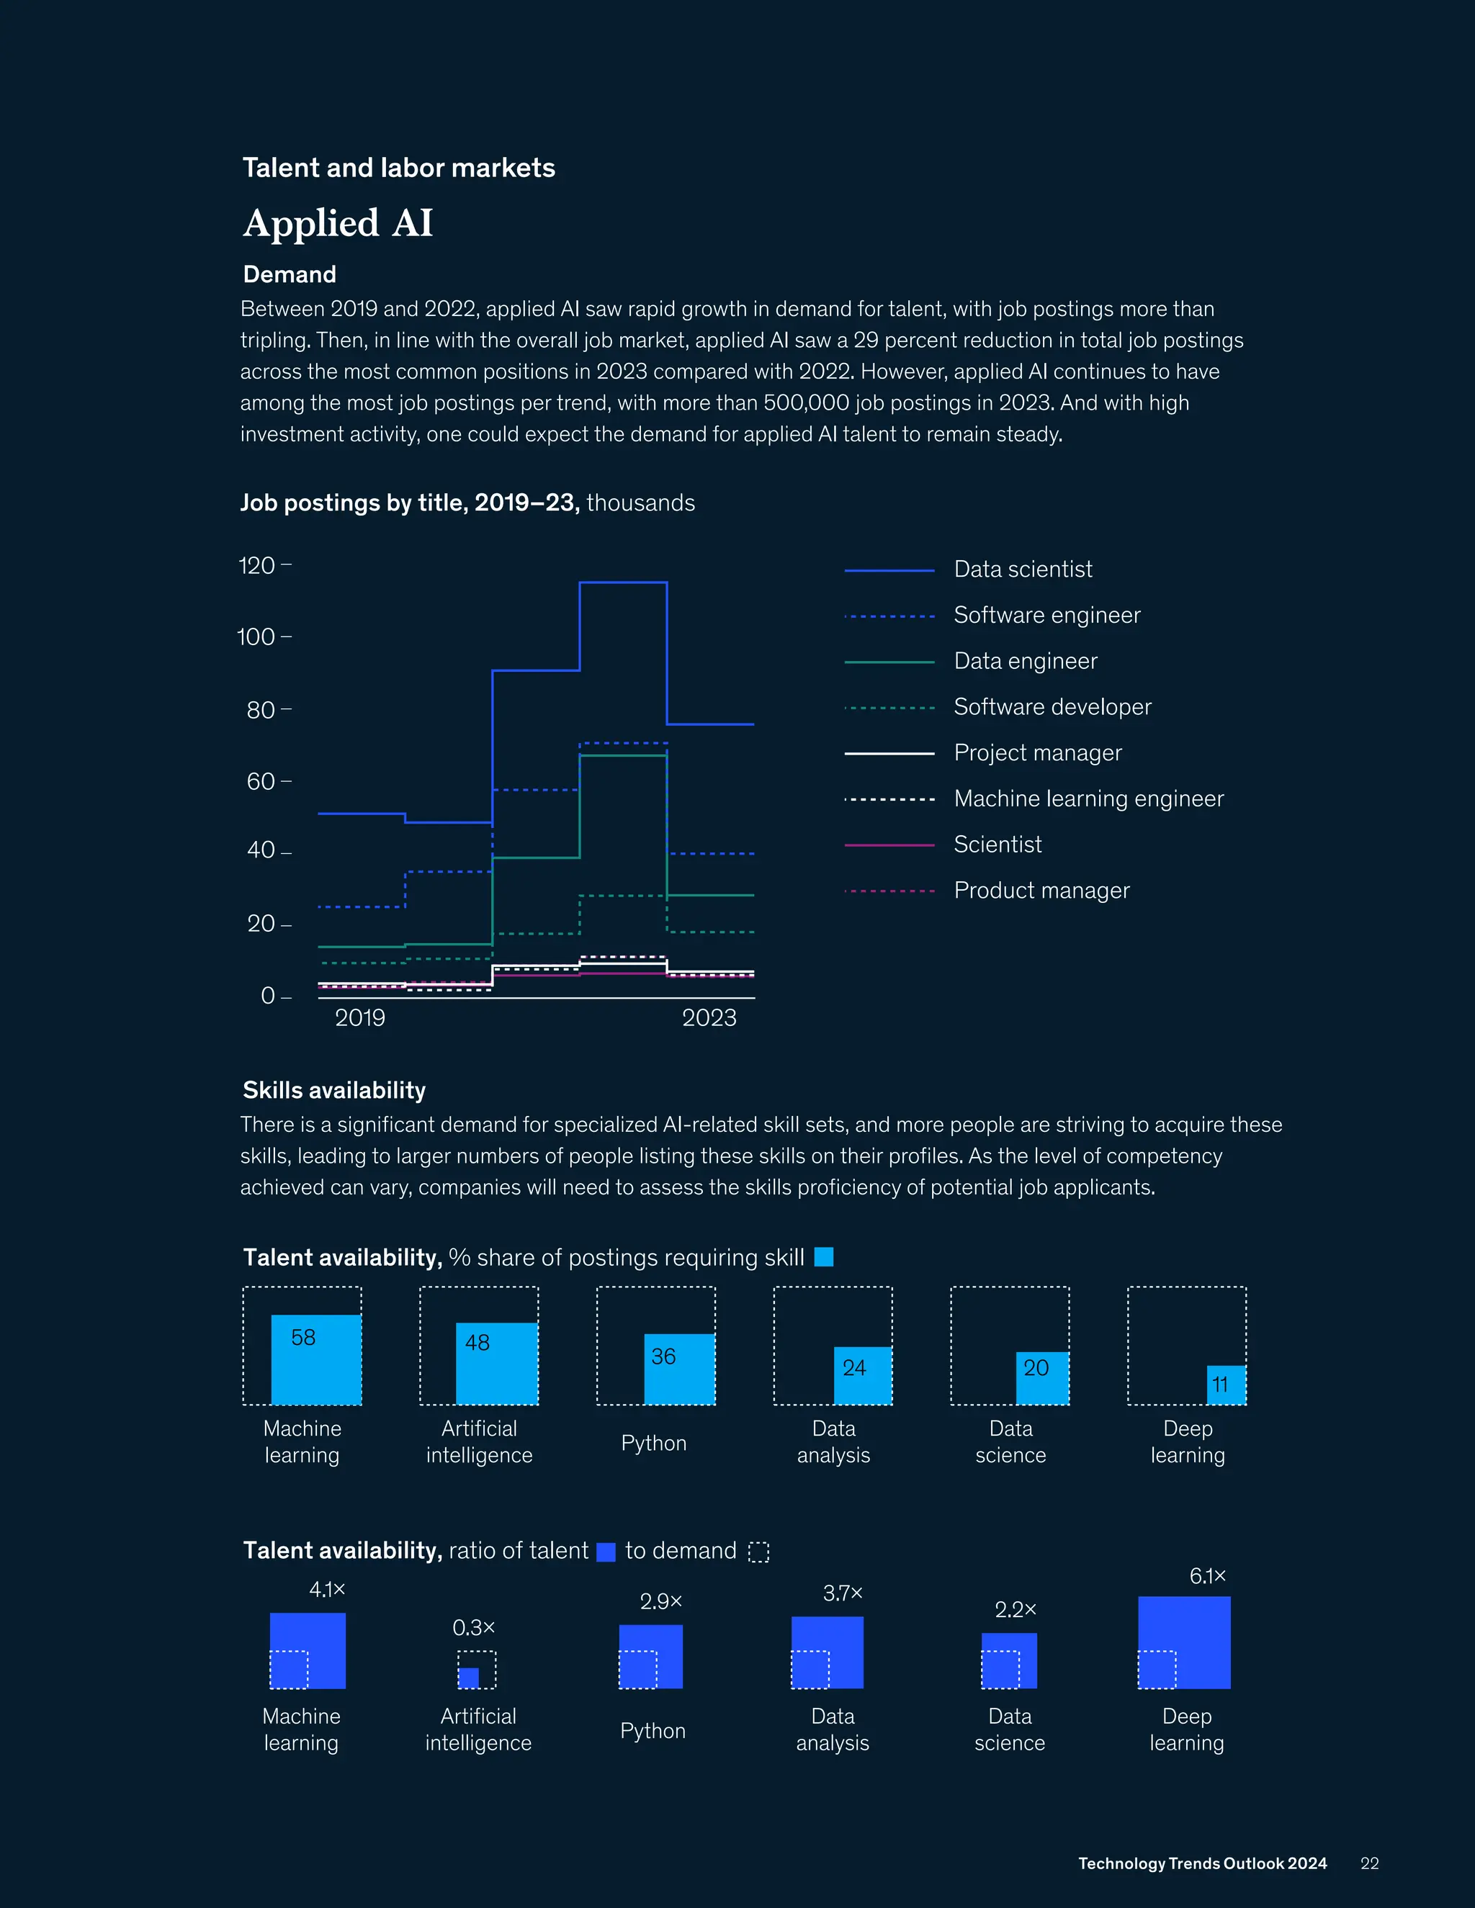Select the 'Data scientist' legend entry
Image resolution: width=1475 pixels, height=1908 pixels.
coord(1023,570)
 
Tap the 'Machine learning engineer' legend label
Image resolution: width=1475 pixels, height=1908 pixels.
coord(1088,798)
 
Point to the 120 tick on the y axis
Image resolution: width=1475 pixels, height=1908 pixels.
coord(257,565)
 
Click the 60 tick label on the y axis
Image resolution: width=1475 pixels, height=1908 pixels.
coord(261,781)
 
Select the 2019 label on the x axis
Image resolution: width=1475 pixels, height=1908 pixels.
coord(360,1018)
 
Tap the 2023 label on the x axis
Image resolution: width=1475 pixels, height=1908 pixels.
coord(709,1018)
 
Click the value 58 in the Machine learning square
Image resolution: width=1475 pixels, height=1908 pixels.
coord(303,1338)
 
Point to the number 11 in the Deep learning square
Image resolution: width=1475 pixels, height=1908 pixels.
coord(1220,1385)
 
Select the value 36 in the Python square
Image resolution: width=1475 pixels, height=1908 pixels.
coord(663,1356)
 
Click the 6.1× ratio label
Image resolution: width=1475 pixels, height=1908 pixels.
coord(1208,1576)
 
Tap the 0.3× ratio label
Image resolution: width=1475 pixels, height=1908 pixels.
coord(474,1628)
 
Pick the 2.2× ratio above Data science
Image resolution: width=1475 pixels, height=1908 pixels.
coord(1016,1609)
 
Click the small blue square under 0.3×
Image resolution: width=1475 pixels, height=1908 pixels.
coord(468,1678)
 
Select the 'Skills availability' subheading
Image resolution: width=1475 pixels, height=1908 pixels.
coord(333,1090)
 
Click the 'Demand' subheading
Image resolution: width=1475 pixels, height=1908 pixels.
coord(290,274)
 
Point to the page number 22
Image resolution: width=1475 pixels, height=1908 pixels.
coord(1369,1863)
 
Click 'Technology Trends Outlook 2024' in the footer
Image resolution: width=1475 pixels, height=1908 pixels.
coord(1202,1863)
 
